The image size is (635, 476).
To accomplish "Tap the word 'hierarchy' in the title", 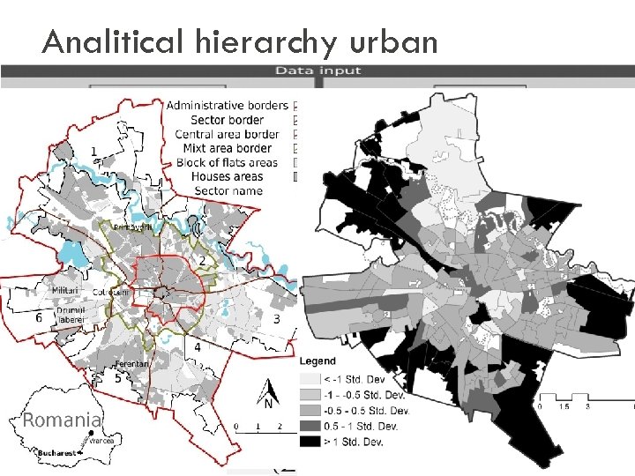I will pos(258,41).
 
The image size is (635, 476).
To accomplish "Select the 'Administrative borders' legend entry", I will pos(227,106).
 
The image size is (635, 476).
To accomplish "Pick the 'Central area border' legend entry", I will pos(228,134).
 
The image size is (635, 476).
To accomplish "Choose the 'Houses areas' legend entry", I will pos(228,176).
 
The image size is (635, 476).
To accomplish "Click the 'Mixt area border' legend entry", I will pos(228,148).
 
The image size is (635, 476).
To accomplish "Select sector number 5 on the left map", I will pos(118,378).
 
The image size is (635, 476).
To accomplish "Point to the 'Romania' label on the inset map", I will pos(62,420).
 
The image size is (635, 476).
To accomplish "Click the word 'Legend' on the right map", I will pos(317,361).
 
